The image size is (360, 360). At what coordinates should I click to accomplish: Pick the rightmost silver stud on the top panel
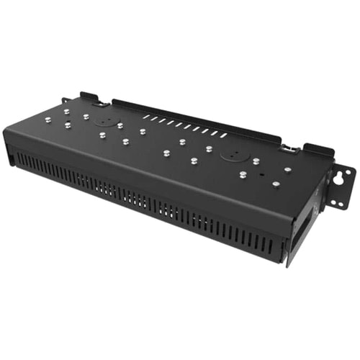[x=288, y=170]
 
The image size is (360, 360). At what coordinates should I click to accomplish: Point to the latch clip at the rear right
[x=290, y=148]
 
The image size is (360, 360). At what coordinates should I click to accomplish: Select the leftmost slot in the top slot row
[x=145, y=114]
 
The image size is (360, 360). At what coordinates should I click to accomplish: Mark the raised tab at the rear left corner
[x=89, y=96]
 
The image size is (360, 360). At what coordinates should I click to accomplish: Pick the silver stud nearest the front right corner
[x=275, y=185]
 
